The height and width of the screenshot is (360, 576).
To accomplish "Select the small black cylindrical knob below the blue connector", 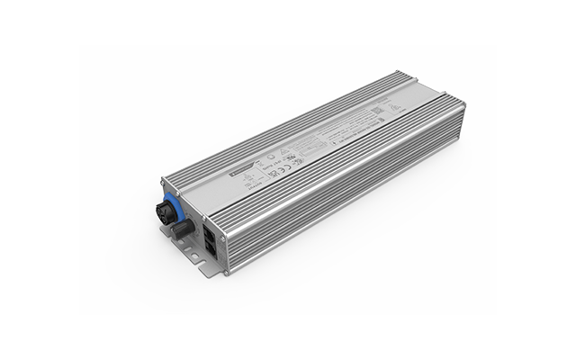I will point(179,229).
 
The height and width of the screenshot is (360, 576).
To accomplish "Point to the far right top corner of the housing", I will point(463,103).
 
